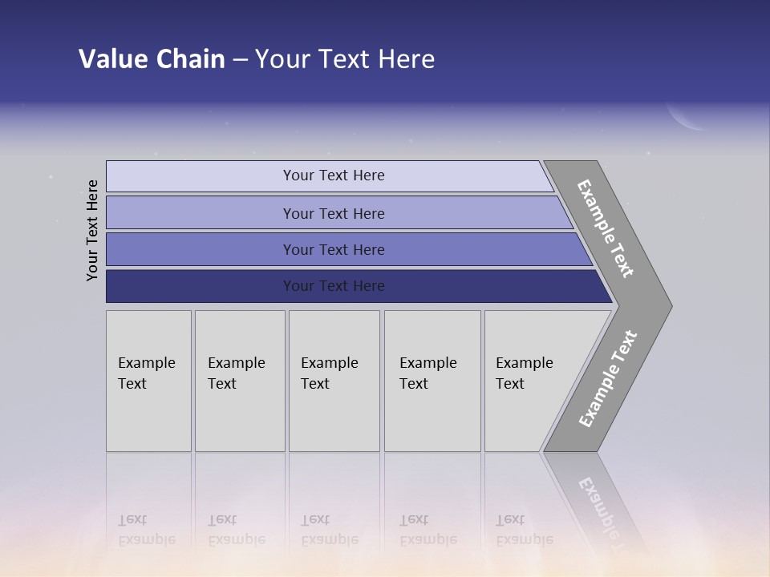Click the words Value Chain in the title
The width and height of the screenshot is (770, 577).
click(152, 59)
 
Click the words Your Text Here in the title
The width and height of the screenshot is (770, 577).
click(345, 59)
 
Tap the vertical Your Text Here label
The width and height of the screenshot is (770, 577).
click(92, 230)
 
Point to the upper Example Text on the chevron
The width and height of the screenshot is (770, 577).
click(606, 228)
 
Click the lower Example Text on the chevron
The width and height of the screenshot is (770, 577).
click(607, 379)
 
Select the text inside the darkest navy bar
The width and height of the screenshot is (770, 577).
click(334, 286)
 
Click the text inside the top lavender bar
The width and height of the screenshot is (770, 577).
click(334, 176)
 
